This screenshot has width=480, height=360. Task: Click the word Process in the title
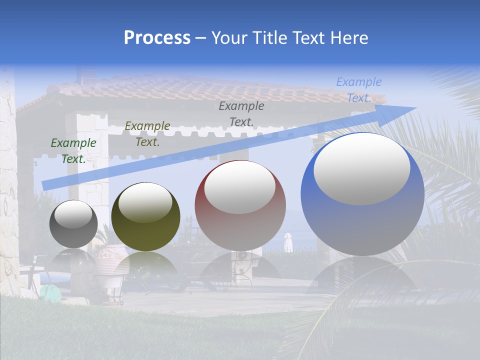coord(157,38)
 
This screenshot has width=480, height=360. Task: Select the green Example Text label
coord(73,150)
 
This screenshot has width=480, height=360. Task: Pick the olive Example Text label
coord(147,134)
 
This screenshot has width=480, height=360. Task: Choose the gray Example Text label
coord(241,113)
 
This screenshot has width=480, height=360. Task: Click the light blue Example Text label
coord(359,90)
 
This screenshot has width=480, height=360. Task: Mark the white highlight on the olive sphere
coord(145,202)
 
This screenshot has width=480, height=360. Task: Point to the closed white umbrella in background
coord(288,242)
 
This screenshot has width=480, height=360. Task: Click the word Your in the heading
coord(228,38)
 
